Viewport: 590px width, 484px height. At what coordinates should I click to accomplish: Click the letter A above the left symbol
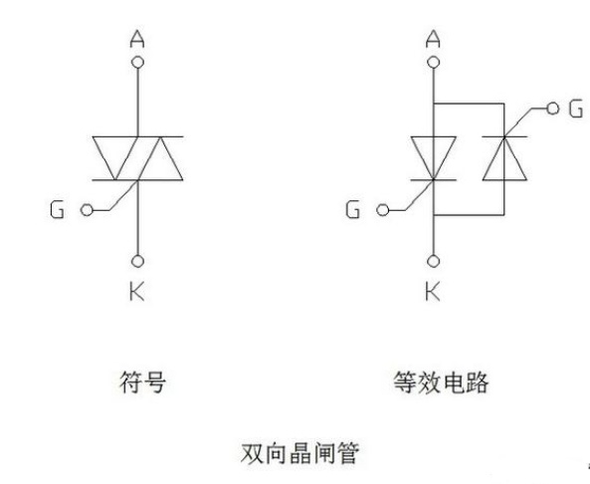coord(137,40)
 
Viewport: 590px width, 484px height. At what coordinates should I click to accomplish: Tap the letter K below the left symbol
coord(137,292)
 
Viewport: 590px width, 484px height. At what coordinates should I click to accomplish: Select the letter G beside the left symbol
coord(57,210)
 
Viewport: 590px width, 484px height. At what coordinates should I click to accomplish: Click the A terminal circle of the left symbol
coord(137,62)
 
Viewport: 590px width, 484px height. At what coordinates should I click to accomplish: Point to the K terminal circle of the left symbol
coord(137,261)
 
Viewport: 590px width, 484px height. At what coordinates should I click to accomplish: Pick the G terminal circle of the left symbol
coord(87,210)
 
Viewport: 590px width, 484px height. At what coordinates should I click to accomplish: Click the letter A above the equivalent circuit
coord(433,39)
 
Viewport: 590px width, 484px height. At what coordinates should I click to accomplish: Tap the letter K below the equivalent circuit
coord(433,292)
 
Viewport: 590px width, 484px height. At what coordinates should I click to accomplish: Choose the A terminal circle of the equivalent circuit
coord(434,62)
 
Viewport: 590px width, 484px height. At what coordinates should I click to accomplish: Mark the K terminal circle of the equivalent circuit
coord(434,261)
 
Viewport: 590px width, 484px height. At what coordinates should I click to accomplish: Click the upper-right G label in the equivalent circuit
coord(576,109)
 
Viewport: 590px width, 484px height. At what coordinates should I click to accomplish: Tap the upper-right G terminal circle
coord(553,109)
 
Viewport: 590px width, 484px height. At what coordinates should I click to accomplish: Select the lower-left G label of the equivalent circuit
coord(353,210)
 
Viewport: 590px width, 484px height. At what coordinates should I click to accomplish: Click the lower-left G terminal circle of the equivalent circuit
coord(383,210)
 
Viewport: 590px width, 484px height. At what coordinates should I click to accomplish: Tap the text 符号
coord(142,382)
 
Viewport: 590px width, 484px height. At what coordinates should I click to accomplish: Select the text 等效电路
coord(441,382)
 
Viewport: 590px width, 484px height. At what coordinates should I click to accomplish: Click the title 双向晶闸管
coord(299,453)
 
